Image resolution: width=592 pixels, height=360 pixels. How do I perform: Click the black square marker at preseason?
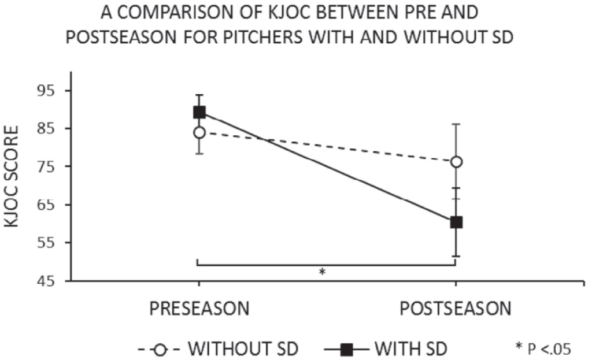click(x=199, y=112)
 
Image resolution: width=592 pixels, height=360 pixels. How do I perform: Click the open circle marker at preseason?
click(x=199, y=132)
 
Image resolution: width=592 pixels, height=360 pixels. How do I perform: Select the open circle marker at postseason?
click(x=456, y=162)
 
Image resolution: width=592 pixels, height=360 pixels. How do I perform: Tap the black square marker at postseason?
click(x=456, y=222)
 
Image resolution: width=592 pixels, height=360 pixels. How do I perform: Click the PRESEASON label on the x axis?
click(x=199, y=309)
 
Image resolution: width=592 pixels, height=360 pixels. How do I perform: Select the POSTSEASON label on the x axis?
click(x=456, y=309)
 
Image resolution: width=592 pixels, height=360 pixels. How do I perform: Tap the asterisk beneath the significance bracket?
click(x=323, y=272)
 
